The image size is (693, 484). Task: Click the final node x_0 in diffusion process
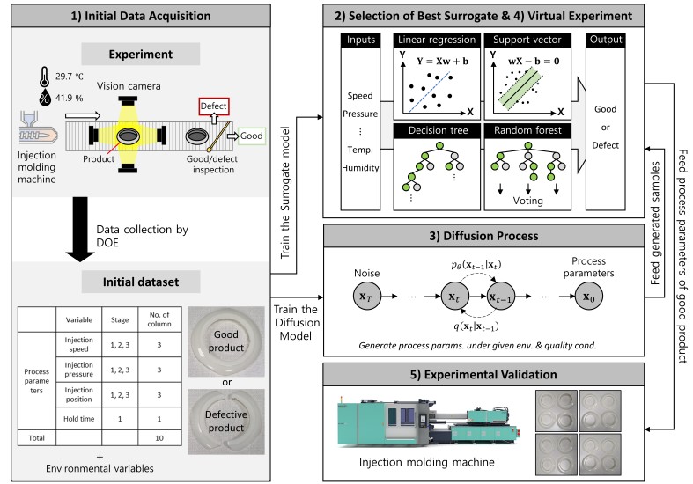click(587, 297)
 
